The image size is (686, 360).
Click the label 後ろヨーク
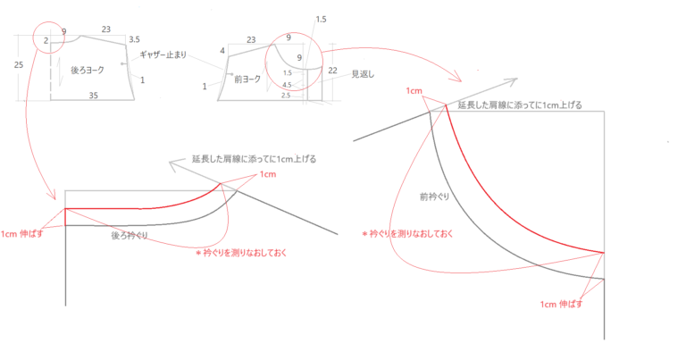[x=88, y=70]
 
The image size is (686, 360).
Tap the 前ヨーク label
[x=247, y=80]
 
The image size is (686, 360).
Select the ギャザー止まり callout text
[x=163, y=55]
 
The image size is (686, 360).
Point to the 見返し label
[x=363, y=74]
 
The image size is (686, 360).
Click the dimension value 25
[x=19, y=64]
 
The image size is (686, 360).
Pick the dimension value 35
[x=93, y=96]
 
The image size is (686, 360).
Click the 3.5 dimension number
[x=134, y=39]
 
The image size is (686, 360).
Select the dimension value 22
[x=332, y=70]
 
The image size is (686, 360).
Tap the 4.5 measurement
[x=287, y=85]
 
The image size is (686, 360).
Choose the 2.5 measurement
[x=286, y=96]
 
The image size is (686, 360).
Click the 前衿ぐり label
[x=434, y=197]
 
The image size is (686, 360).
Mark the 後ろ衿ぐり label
[x=129, y=236]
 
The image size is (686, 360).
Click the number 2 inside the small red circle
[x=46, y=41]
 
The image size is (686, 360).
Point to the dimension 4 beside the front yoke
[x=222, y=51]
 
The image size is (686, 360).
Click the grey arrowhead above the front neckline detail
[x=512, y=81]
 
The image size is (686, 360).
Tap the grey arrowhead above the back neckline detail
[x=174, y=165]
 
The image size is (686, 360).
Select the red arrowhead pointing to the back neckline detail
[x=53, y=194]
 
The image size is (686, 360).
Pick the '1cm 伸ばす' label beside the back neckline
[x=21, y=234]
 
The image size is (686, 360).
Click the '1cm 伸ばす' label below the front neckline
[x=561, y=304]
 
